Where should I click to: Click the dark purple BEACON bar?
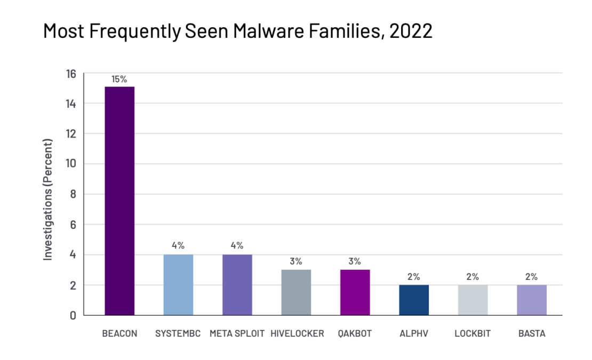tap(119, 201)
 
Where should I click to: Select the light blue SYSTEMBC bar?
tap(178, 285)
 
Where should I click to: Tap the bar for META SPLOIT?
tap(237, 285)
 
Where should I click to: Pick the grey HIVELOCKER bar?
tap(296, 292)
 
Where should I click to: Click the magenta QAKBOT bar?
tap(355, 292)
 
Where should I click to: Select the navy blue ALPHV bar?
tap(414, 300)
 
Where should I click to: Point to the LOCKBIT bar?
tap(473, 300)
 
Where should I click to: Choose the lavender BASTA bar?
tap(532, 300)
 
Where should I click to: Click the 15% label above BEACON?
tap(119, 79)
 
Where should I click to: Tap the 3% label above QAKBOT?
tap(355, 261)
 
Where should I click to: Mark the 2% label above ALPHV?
tap(414, 277)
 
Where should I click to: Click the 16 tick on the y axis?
tap(71, 74)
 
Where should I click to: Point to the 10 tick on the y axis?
tap(71, 164)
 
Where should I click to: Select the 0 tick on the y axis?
tap(73, 315)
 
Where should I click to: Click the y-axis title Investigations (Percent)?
tap(49, 199)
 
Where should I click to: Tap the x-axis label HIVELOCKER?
tap(297, 334)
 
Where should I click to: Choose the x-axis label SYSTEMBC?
tap(178, 334)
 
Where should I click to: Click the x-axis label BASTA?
tap(532, 334)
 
